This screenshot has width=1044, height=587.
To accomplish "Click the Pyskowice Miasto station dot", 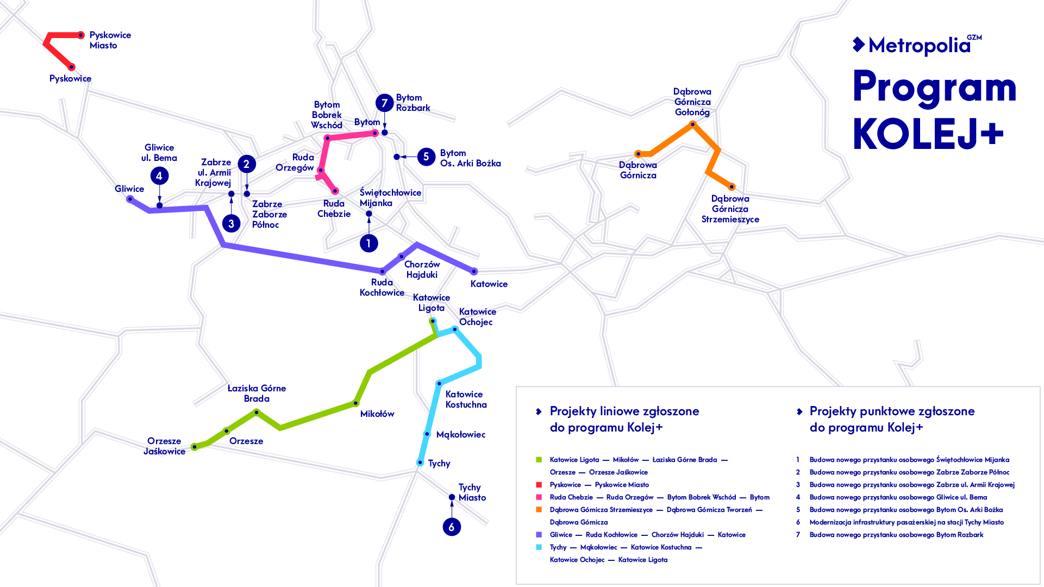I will click(x=80, y=35).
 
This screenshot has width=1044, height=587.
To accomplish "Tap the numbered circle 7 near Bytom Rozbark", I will click(x=384, y=103).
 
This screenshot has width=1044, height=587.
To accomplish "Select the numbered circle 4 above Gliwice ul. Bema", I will click(x=159, y=176).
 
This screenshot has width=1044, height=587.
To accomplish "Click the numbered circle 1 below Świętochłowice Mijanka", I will click(x=368, y=243).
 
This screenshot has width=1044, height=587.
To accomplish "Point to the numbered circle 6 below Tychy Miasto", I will click(x=452, y=527).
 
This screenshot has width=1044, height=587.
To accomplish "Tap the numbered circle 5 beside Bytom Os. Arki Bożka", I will click(x=426, y=157).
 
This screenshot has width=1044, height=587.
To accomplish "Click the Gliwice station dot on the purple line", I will click(x=130, y=199).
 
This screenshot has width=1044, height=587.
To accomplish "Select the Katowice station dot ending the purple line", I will click(x=474, y=271).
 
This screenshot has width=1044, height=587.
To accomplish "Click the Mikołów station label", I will click(x=377, y=414).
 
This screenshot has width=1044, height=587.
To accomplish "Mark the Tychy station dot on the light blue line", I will click(x=420, y=463).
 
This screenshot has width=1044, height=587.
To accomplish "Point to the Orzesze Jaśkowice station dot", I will click(x=195, y=447).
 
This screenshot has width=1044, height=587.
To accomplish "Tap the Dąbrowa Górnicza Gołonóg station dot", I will click(x=692, y=124).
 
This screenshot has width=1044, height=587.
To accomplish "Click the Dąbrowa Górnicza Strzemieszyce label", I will click(x=730, y=209).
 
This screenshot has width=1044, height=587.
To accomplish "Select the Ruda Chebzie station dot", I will click(x=335, y=191).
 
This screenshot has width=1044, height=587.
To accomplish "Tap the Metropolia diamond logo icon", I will click(x=859, y=45).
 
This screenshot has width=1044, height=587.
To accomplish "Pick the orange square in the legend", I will click(x=539, y=510).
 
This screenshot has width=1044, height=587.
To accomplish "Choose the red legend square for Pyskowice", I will click(x=539, y=485).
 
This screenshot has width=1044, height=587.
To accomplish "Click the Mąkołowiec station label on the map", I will click(x=461, y=435).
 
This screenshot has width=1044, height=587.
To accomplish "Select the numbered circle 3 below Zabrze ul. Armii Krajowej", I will click(x=232, y=223).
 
